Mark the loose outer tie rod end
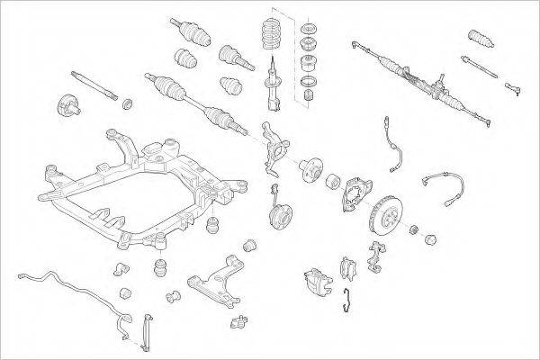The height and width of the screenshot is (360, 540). [513, 87]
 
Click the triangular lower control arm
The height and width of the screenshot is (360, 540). [216, 279]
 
